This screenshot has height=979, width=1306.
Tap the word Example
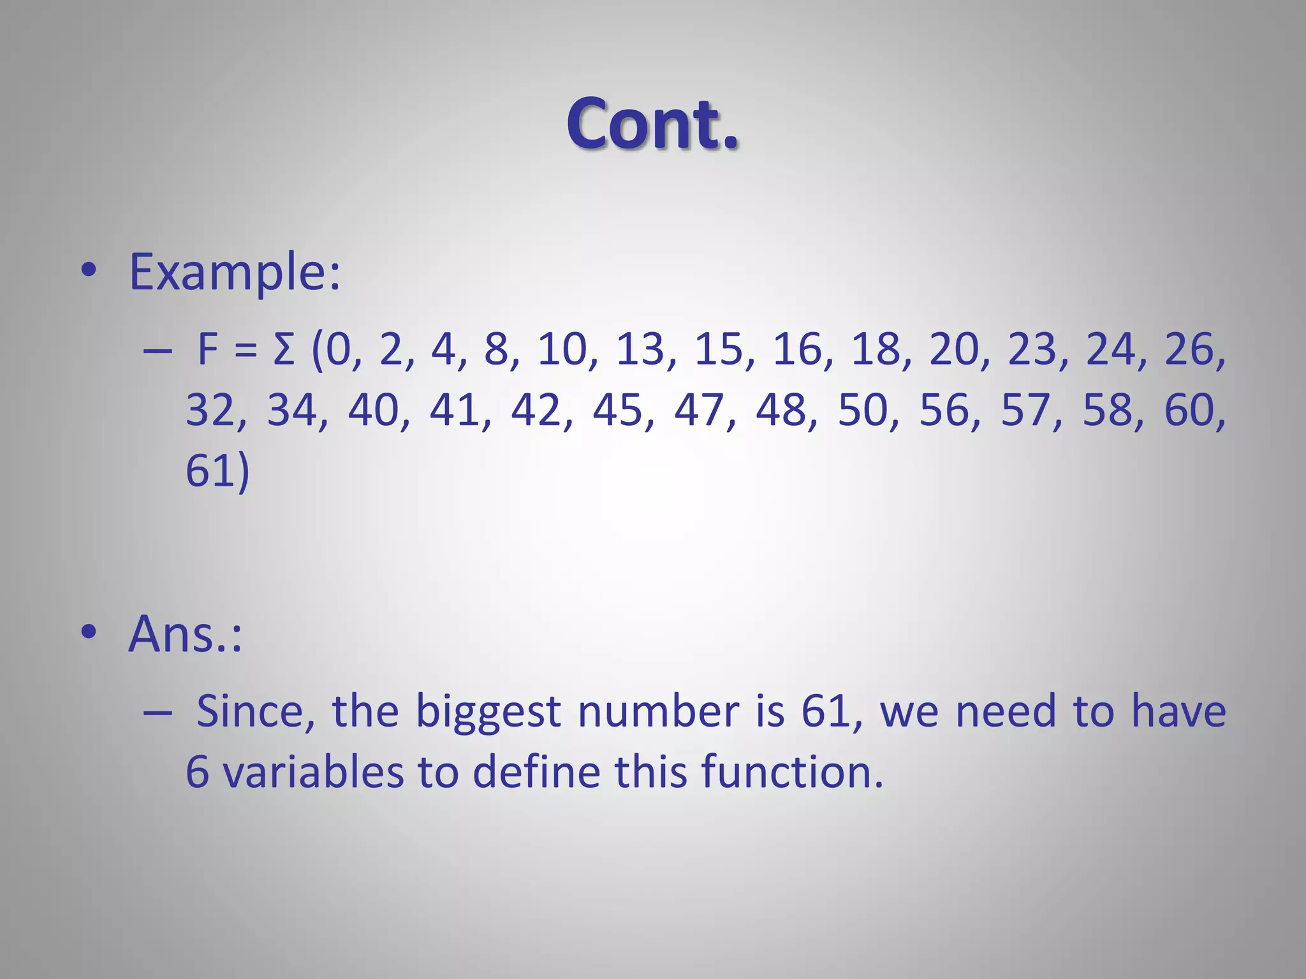click(234, 272)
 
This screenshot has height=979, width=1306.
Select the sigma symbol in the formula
click(283, 350)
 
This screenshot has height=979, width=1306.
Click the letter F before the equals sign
click(209, 350)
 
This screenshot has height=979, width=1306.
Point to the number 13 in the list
click(640, 350)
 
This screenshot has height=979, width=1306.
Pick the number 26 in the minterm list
click(1189, 350)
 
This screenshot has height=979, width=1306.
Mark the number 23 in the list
click(1032, 350)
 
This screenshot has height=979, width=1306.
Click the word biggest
click(488, 711)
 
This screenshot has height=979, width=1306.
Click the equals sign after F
click(246, 351)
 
